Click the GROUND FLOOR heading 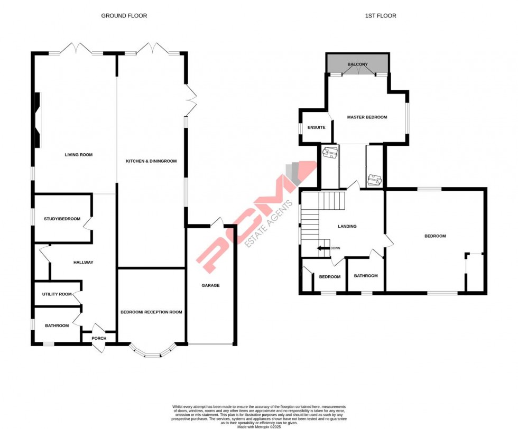point(124,16)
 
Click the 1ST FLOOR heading point(381,16)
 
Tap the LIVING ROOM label point(79,155)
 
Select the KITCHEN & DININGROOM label point(151,161)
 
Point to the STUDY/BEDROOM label point(62,219)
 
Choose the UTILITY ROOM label point(57,294)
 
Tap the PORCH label point(99,339)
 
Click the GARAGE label point(210,285)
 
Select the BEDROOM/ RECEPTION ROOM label point(151,312)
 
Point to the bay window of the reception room point(152,353)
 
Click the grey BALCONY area point(358,64)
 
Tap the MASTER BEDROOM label point(367,117)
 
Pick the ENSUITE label point(316,127)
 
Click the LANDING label point(347,227)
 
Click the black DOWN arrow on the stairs point(322,248)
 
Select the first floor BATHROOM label point(366,276)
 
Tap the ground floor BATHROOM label point(57,325)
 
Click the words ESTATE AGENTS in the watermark point(270,223)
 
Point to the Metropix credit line point(258,426)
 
